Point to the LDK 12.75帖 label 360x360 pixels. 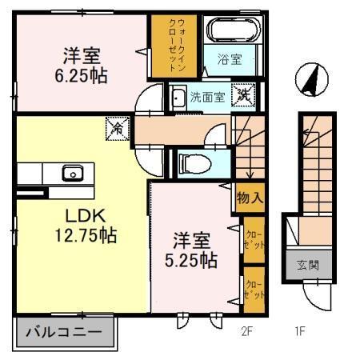[x=79, y=225]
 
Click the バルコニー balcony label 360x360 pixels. [x=64, y=330]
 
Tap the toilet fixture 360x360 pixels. [x=192, y=163]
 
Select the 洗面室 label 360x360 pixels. [x=206, y=98]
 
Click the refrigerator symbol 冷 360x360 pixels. [x=118, y=126]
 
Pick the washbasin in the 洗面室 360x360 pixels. [x=179, y=98]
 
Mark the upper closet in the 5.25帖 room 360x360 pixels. [x=253, y=238]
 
